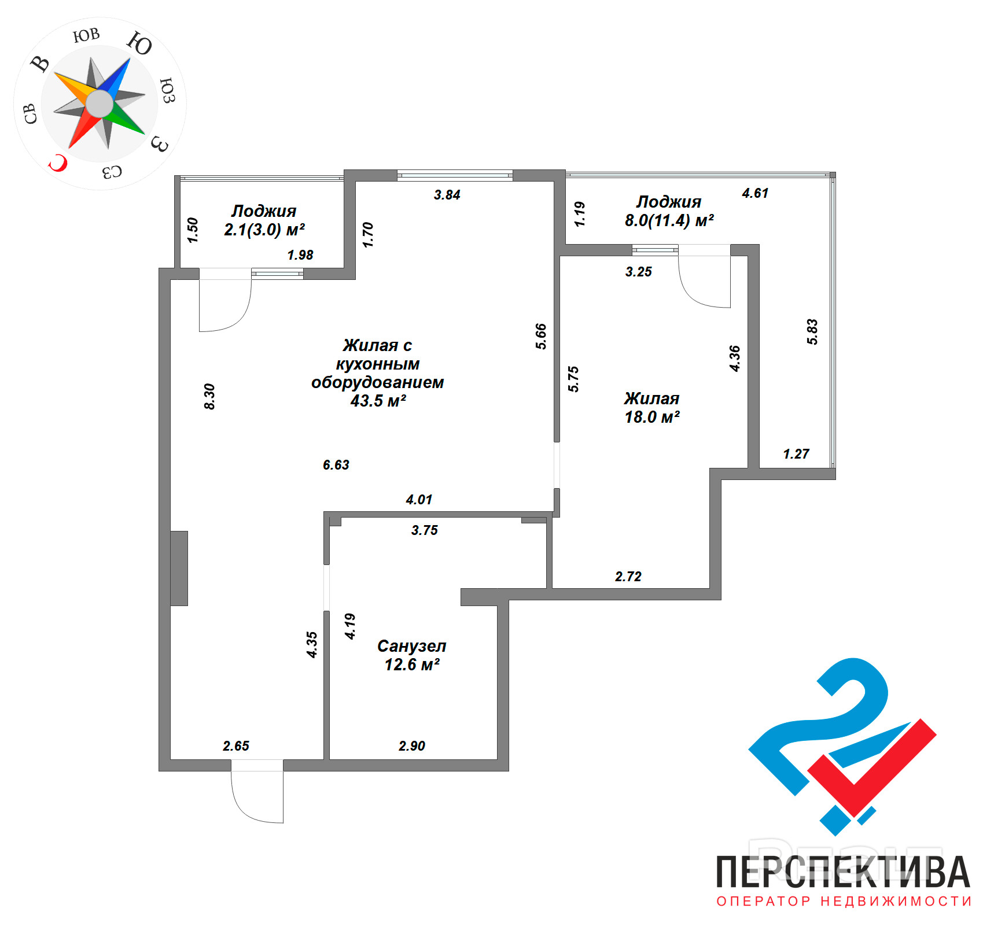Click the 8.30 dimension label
pos(209,396)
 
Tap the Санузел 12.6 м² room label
pos(411,655)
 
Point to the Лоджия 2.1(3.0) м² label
pos(264,220)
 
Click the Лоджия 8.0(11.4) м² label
pos(669,211)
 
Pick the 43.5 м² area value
pos(378,401)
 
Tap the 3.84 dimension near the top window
pos(447,195)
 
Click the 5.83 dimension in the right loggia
pos(812,331)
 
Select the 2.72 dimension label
pos(628,577)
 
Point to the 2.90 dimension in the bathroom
pos(411,746)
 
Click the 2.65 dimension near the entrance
pos(236,746)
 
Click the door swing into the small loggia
pos(229,309)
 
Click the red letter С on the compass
pos(58,163)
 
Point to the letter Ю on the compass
pos(139,43)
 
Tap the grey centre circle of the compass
pos(100,104)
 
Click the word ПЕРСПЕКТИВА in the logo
pos(843,872)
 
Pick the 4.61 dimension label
pos(755,193)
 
